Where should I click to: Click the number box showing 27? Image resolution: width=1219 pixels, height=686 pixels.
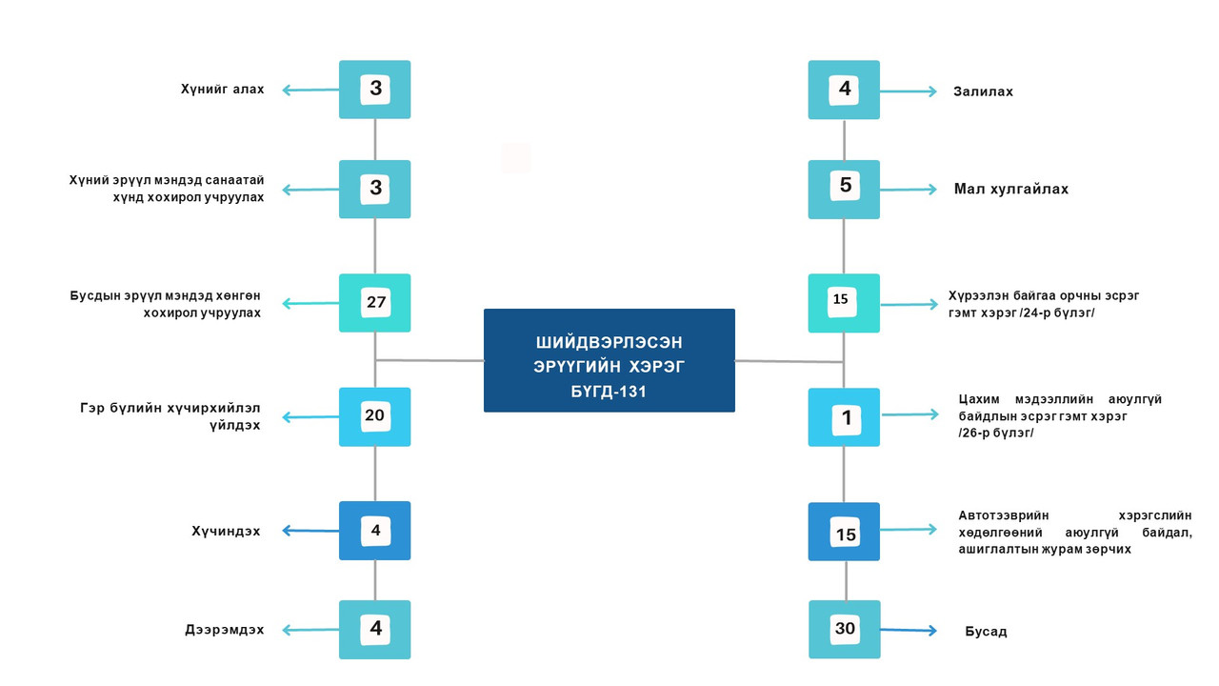[x=374, y=303]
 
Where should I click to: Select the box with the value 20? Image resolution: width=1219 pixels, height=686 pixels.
[x=374, y=416]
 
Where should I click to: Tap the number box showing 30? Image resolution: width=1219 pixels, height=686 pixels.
[x=844, y=630]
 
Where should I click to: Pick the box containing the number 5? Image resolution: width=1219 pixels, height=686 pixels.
[x=844, y=190]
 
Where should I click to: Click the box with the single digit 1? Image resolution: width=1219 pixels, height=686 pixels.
[x=844, y=417]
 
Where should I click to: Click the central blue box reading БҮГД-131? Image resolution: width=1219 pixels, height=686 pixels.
[x=609, y=360]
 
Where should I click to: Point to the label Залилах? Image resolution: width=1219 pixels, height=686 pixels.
[x=983, y=91]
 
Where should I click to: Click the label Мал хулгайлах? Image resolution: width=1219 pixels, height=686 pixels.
[x=1011, y=189]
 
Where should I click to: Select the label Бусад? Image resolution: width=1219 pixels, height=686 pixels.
[x=986, y=632]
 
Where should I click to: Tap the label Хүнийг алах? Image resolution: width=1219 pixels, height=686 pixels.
[x=222, y=89]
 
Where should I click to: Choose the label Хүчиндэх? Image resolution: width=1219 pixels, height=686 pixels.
[x=226, y=531]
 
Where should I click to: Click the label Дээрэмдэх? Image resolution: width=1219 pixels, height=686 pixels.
[x=224, y=630]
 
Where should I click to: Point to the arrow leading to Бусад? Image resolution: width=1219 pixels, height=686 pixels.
[x=909, y=631]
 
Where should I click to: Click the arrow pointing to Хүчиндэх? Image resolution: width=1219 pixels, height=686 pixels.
[x=310, y=531]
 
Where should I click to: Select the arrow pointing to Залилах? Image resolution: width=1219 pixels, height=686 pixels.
[x=909, y=91]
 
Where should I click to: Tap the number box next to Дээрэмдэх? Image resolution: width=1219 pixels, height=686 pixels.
[x=374, y=630]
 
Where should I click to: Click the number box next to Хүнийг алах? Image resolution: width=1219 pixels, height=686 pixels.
[x=374, y=90]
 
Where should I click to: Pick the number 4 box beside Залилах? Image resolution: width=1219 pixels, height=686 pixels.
[x=844, y=90]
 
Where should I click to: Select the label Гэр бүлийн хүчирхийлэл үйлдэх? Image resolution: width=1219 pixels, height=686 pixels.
[x=170, y=416]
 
